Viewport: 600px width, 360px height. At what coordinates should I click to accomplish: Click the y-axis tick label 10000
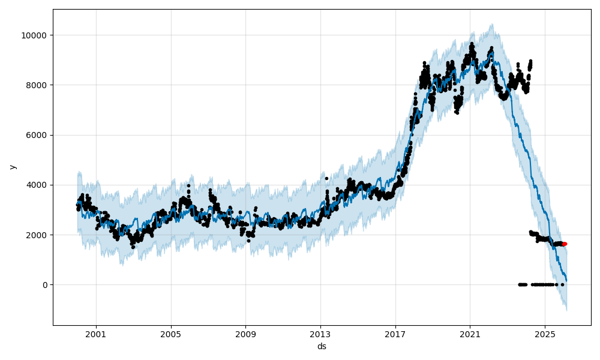(35, 35)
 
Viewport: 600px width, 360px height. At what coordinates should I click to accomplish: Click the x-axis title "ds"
(322, 346)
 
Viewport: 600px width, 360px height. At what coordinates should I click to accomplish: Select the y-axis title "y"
(12, 167)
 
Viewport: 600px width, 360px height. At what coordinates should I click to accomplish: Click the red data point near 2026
(565, 244)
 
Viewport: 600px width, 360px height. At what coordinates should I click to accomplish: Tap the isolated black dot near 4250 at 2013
(326, 178)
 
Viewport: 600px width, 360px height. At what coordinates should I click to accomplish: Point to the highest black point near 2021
(472, 43)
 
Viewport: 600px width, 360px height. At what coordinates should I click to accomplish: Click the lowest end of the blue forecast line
(566, 281)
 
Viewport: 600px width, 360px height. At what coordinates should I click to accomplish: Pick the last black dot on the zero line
(562, 284)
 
